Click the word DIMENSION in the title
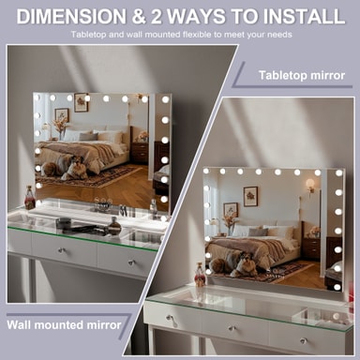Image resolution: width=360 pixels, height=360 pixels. [x=71, y=16]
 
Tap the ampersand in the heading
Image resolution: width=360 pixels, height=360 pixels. [x=139, y=17]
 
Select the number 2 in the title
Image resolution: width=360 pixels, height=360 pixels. [x=157, y=16]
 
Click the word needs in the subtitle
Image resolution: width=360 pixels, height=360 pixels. [x=280, y=35]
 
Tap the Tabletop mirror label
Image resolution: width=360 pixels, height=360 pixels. [x=302, y=75]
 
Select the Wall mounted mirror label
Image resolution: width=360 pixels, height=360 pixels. [x=64, y=324]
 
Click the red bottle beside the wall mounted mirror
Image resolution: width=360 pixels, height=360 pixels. [x=30, y=198]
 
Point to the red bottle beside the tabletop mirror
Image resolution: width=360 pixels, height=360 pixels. [x=200, y=275]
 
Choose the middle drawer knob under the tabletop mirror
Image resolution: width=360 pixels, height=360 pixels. [x=232, y=328]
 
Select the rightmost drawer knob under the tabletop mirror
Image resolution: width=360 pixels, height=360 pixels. [x=303, y=340]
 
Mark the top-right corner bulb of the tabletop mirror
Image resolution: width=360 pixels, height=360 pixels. [x=338, y=172]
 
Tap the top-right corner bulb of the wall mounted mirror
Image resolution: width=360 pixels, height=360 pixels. [x=165, y=99]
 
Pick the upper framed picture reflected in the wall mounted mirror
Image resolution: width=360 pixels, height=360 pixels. [x=82, y=102]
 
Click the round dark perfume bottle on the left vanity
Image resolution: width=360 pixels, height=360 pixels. [x=114, y=226]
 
